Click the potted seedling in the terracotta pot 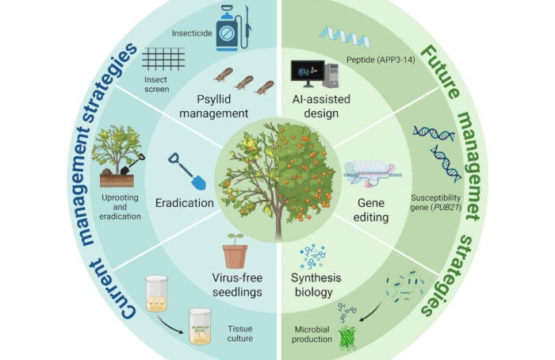[x=235, y=251]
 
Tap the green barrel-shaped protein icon [x=346, y=335]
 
